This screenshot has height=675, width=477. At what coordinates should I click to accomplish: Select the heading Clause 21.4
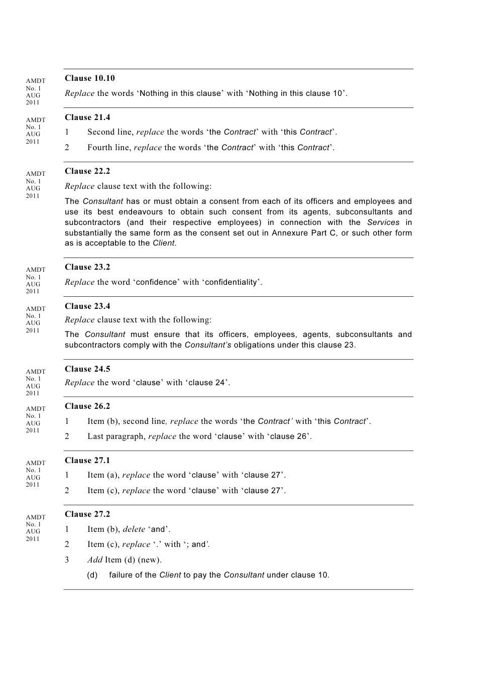tap(87, 118)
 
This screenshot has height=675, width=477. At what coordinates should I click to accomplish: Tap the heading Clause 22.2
tap(87, 171)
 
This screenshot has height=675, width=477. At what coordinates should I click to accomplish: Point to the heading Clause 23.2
tap(87, 267)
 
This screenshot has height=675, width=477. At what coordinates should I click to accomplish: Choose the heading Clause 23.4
tap(87, 306)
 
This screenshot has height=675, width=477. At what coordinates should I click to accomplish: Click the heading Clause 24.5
tap(87, 369)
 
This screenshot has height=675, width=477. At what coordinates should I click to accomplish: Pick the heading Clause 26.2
tap(87, 406)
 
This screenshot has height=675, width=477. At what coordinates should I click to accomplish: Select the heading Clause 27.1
tap(87, 461)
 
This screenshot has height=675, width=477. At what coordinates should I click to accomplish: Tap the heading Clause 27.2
tap(87, 514)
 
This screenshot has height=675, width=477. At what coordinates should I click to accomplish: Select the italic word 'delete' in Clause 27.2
tap(134, 529)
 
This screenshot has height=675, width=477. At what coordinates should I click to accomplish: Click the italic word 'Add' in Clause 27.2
tap(95, 560)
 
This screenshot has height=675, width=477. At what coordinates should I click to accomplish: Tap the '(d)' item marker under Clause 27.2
tap(92, 575)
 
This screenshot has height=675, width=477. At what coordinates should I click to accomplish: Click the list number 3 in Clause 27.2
tap(67, 560)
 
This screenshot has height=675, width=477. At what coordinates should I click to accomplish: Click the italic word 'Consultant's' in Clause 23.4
tap(208, 345)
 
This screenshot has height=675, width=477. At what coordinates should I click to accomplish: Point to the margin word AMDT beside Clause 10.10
tap(36, 81)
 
